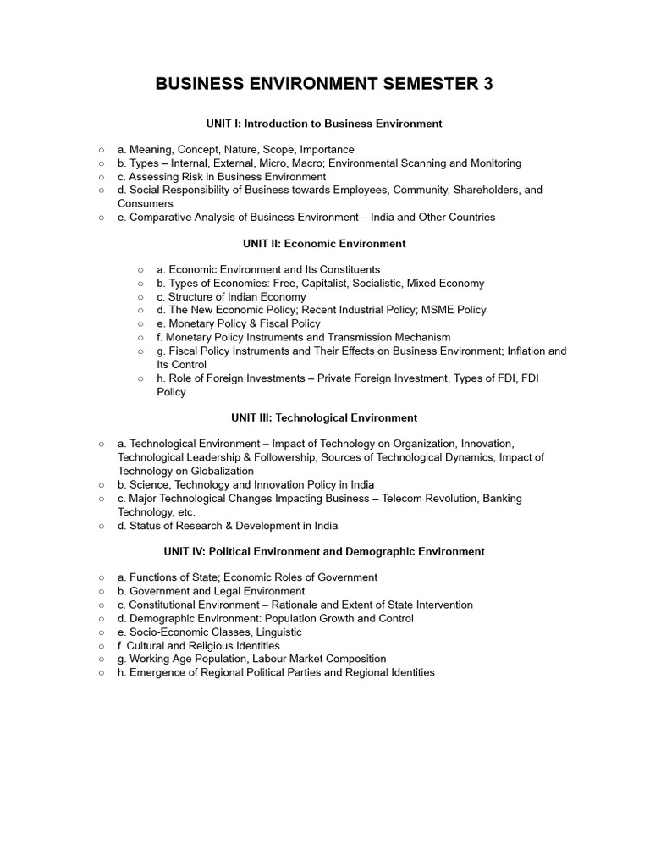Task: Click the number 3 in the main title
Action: click(487, 84)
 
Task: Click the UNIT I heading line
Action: click(324, 124)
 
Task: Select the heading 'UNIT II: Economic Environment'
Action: click(324, 244)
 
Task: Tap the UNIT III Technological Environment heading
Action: click(324, 417)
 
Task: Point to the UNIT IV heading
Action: click(324, 551)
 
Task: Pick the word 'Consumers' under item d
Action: click(145, 204)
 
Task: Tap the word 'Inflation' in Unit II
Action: click(525, 351)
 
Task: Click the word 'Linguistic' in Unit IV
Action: click(275, 632)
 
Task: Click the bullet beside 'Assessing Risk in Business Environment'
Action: click(102, 177)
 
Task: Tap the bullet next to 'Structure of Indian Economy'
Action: click(140, 297)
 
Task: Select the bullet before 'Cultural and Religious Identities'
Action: click(102, 646)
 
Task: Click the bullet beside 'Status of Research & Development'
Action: click(102, 526)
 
